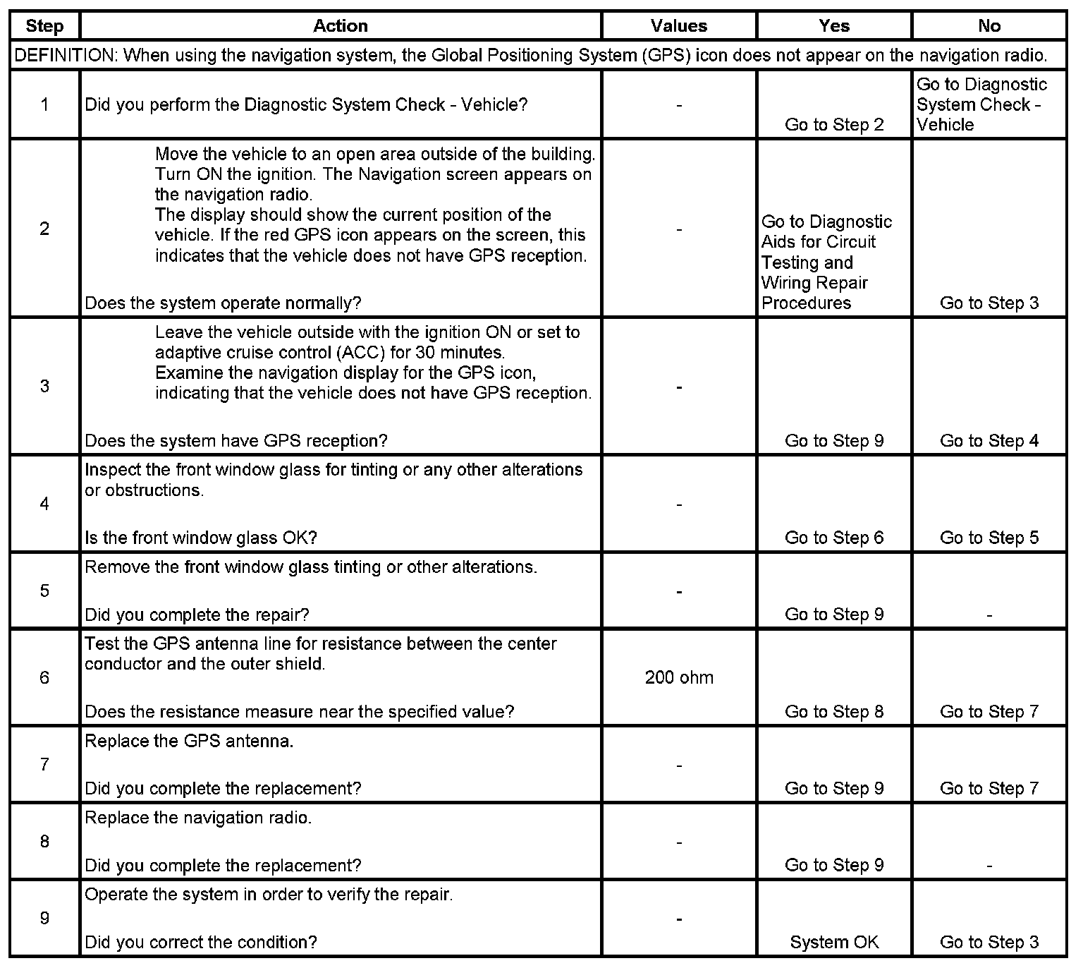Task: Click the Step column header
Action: (44, 26)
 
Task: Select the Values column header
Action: (678, 26)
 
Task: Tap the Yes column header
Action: (834, 26)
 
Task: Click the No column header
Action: (989, 26)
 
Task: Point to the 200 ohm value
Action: (679, 677)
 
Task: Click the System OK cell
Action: (834, 942)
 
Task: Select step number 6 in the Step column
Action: (44, 677)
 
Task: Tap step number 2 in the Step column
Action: (44, 228)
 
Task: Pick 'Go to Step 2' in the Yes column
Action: (834, 125)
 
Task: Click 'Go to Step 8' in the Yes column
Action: (834, 711)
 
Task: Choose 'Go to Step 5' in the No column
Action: (989, 538)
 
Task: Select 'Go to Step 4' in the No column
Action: (989, 441)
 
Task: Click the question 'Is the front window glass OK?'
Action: (201, 538)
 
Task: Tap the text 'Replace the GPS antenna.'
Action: (189, 741)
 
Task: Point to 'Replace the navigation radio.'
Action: (198, 818)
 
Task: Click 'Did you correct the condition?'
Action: (201, 942)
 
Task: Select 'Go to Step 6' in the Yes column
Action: (834, 538)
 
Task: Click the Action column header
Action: (341, 26)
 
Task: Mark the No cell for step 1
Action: (981, 104)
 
